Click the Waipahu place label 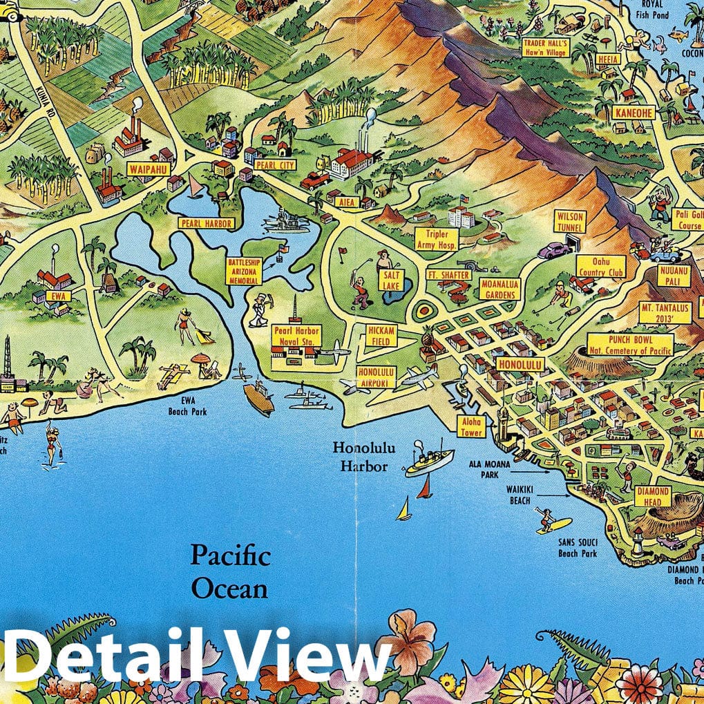click(x=148, y=168)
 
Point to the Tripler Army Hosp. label click(x=436, y=239)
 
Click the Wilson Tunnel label click(x=571, y=222)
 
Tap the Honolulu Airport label click(x=377, y=377)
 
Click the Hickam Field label click(x=381, y=336)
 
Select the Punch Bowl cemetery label click(x=630, y=344)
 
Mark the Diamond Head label click(x=653, y=496)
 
